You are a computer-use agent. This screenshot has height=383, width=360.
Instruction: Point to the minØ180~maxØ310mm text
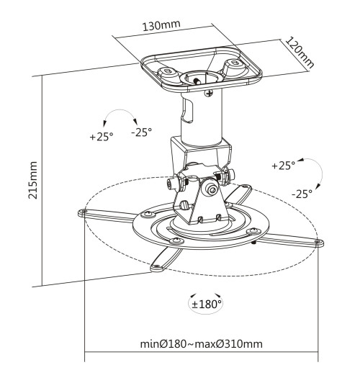coord(201,343)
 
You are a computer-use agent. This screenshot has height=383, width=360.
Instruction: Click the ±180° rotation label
coord(207,304)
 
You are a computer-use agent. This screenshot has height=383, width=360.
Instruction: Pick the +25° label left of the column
coord(101,136)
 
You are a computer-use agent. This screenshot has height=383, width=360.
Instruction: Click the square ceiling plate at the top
coord(201,71)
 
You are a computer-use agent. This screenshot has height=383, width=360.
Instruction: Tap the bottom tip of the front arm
coord(153,269)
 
